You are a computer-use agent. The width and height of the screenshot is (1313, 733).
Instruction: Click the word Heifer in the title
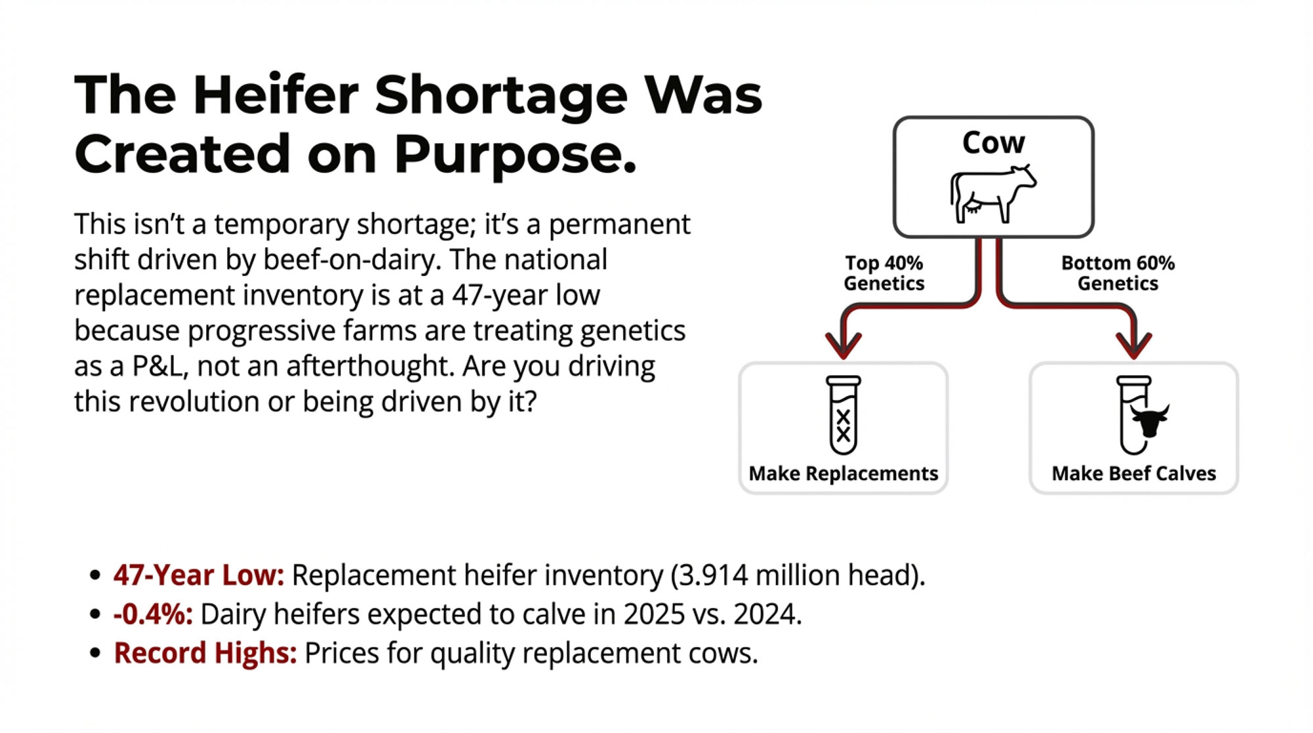[276, 95]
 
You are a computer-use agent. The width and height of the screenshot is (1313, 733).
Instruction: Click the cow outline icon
[993, 194]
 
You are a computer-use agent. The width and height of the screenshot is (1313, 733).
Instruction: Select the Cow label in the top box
[993, 143]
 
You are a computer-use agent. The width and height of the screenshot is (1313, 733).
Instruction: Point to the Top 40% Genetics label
[884, 273]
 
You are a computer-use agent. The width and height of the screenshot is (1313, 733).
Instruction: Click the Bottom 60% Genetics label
[1117, 273]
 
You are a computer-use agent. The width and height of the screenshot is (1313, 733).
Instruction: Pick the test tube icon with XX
[844, 415]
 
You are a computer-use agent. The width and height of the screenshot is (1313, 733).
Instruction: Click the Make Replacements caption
[844, 474]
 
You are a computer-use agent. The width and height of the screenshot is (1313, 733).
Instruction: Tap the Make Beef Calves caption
[1134, 474]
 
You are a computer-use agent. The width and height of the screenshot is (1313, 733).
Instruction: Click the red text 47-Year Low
[199, 575]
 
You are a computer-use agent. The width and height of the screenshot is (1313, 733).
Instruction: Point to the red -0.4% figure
[154, 615]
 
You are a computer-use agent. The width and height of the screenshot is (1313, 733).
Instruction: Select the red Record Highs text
[205, 654]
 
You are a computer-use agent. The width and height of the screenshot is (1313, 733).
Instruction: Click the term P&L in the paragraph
[158, 366]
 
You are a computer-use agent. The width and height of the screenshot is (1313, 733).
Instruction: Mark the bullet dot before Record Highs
[96, 654]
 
